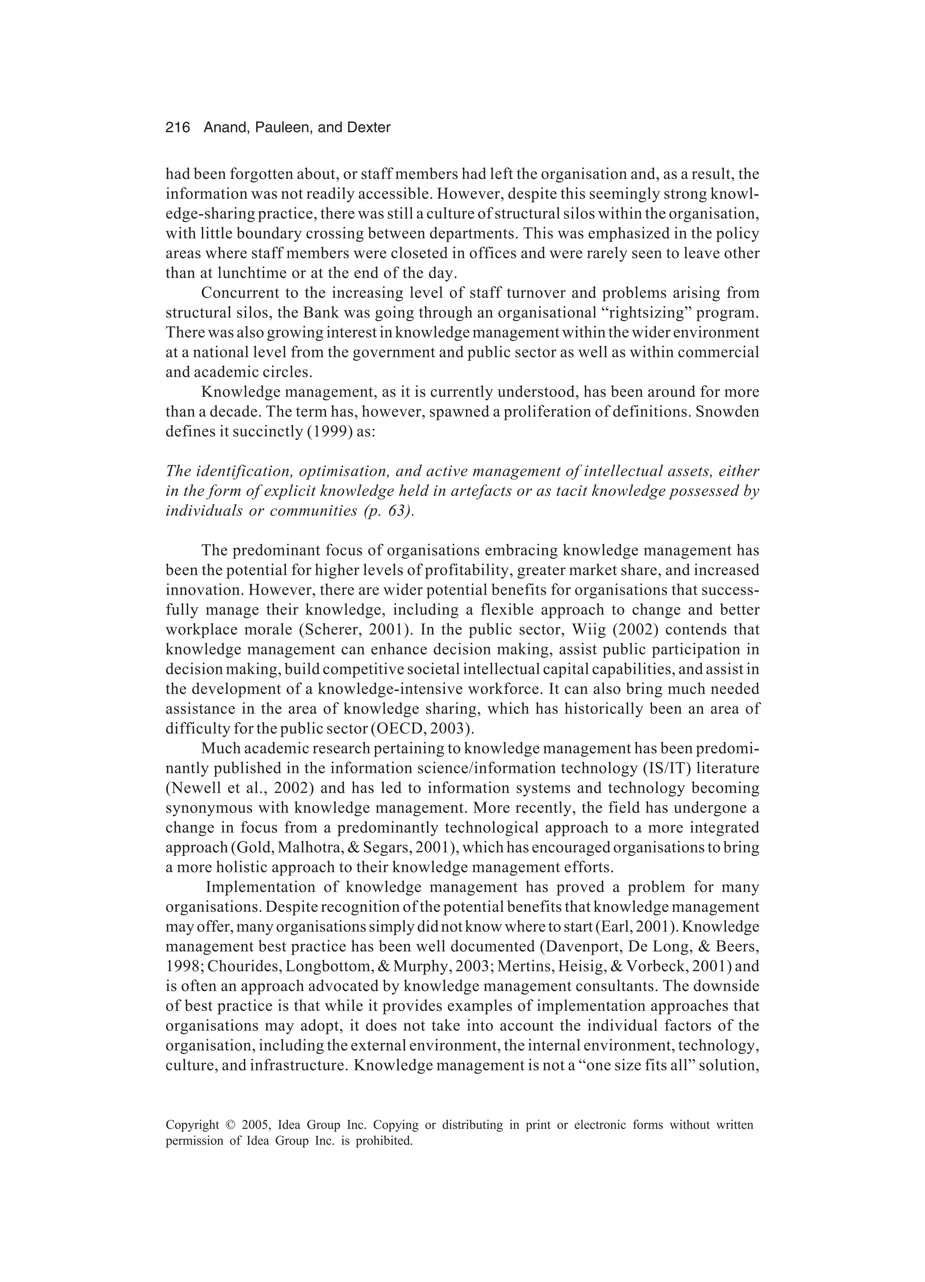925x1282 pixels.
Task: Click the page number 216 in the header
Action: click(x=178, y=128)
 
